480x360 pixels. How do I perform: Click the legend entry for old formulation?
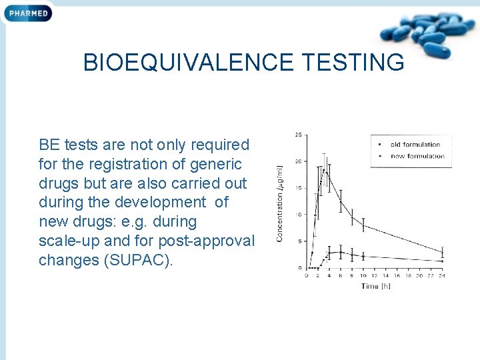click(x=415, y=144)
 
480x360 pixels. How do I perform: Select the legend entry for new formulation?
click(x=417, y=156)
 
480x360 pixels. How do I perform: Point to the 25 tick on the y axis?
click(x=297, y=135)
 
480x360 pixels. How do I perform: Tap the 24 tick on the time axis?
click(x=443, y=275)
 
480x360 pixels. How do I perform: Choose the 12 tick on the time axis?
click(x=375, y=275)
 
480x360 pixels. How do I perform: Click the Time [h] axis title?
click(x=375, y=286)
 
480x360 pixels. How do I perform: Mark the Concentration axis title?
click(x=280, y=203)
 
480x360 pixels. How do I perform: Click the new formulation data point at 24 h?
click(x=443, y=261)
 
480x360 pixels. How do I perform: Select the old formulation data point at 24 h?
click(x=443, y=251)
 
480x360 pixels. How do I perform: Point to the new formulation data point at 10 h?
click(x=363, y=256)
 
